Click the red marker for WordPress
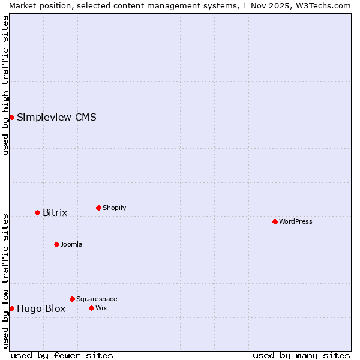pyautogui.click(x=275, y=221)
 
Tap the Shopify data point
pyautogui.click(x=98, y=208)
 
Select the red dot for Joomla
pyautogui.click(x=56, y=244)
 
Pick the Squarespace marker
pyautogui.click(x=72, y=299)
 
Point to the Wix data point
pyautogui.click(x=91, y=308)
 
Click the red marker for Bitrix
pyautogui.click(x=37, y=212)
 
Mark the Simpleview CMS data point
pyautogui.click(x=11, y=117)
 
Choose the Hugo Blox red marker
pyautogui.click(x=11, y=308)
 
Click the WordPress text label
pyautogui.click(x=296, y=221)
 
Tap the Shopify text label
pyautogui.click(x=115, y=208)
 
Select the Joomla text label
pyautogui.click(x=71, y=244)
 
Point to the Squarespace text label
pyautogui.click(x=97, y=299)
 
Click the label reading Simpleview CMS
pyautogui.click(x=56, y=117)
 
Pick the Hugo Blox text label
pyautogui.click(x=41, y=309)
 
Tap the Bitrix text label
pyautogui.click(x=55, y=213)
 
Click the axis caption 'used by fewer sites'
pyautogui.click(x=62, y=355)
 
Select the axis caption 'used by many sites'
pyautogui.click(x=301, y=355)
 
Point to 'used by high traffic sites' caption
pyautogui.click(x=5, y=85)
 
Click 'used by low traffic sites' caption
pyautogui.click(x=5, y=281)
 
